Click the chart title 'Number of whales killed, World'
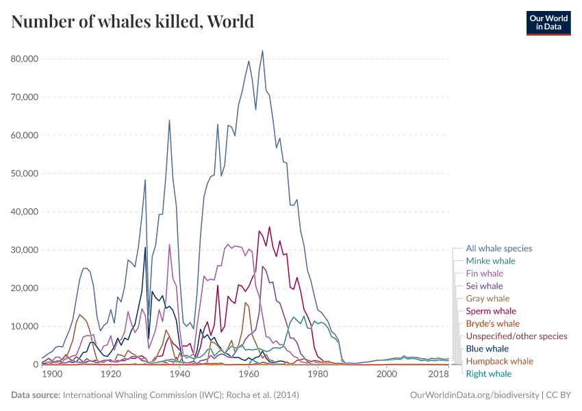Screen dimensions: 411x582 [132, 21]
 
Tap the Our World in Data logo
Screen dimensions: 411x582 [548, 23]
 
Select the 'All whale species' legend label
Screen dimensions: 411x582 [498, 249]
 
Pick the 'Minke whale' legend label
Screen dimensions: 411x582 [490, 261]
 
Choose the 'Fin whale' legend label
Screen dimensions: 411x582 [484, 273]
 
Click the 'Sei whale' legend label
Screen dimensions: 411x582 [484, 286]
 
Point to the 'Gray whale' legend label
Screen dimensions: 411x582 [488, 299]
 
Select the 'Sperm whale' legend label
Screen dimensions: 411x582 [491, 311]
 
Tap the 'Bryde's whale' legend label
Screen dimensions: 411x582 [492, 323]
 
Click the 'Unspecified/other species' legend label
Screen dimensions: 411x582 [516, 336]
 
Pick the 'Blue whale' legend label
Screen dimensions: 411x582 [487, 349]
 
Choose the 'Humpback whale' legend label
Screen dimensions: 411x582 [499, 361]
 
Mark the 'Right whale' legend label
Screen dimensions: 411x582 [488, 373]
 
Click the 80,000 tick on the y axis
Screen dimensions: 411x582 [25, 59]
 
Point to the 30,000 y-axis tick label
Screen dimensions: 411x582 [25, 250]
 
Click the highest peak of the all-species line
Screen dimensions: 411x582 [262, 51]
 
